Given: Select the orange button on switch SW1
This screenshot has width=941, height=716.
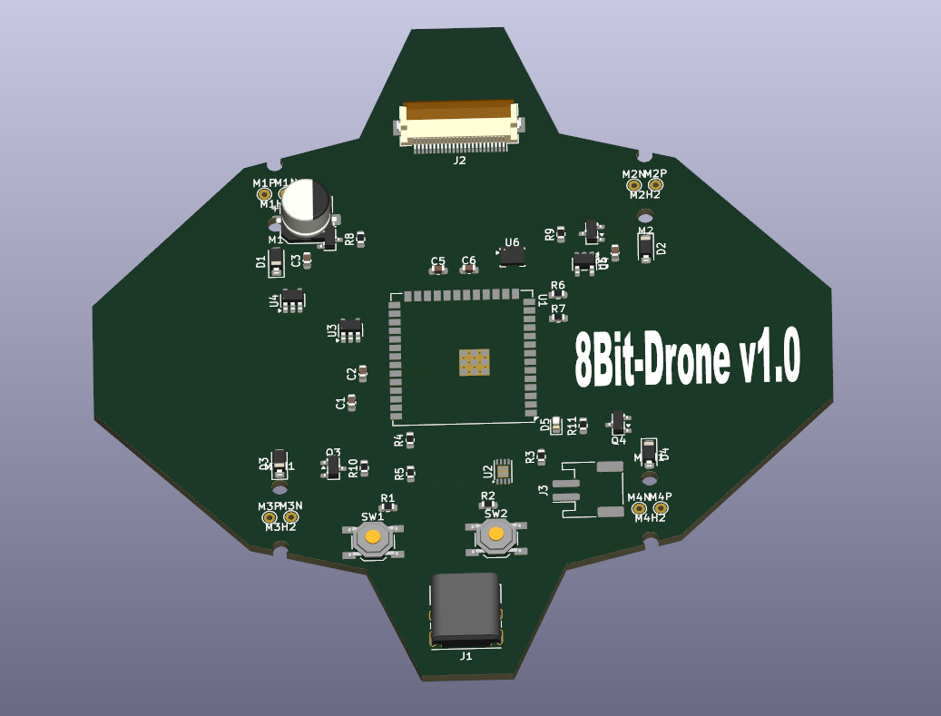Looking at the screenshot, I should (372, 538).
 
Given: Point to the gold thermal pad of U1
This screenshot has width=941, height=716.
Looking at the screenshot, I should (472, 362).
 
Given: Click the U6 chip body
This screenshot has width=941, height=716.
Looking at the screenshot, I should (513, 258).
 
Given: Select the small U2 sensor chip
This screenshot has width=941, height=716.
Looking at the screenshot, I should (504, 470).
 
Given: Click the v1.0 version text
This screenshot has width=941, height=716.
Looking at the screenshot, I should (768, 358).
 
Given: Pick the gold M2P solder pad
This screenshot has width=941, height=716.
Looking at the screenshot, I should (654, 185).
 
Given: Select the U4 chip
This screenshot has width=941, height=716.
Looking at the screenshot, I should (293, 300).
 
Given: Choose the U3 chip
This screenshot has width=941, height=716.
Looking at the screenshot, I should (349, 331).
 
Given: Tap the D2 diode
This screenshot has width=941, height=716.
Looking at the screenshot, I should (645, 247).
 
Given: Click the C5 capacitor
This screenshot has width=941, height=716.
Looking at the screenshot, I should (438, 270).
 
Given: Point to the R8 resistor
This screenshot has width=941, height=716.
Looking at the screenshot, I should (361, 240).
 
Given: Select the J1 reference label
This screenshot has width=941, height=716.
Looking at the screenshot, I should (466, 655).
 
